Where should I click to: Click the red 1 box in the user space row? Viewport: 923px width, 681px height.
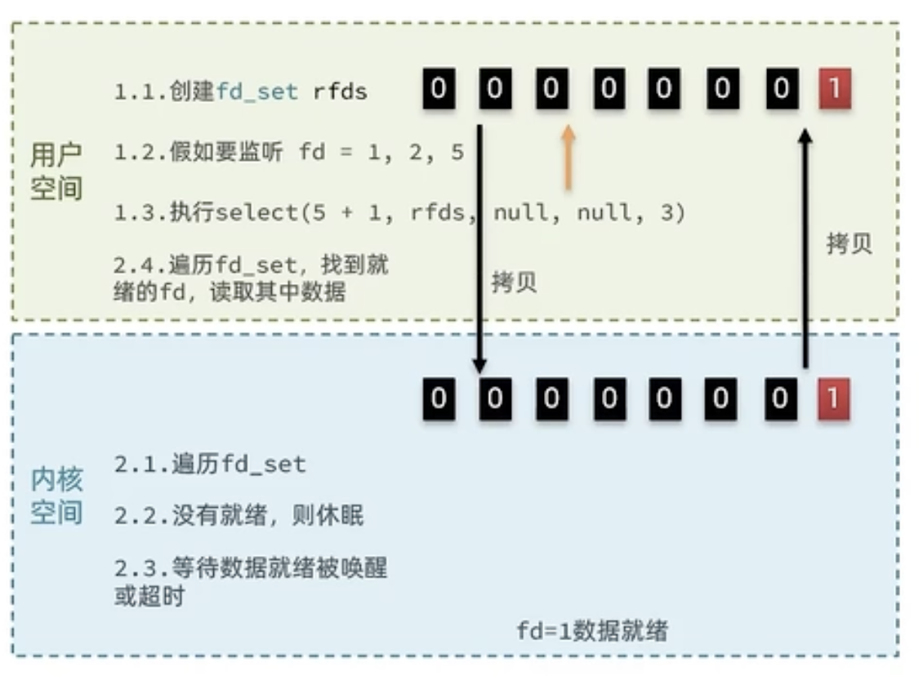(x=835, y=88)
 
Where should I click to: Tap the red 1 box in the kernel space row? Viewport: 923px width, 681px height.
(x=833, y=398)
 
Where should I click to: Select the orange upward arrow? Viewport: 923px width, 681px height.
(x=568, y=157)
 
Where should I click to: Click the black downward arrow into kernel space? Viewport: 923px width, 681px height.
(x=479, y=249)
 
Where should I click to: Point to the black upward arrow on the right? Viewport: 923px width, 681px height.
(x=805, y=249)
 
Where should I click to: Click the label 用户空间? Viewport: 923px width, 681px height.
(x=56, y=171)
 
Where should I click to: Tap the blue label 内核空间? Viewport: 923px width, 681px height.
(x=56, y=496)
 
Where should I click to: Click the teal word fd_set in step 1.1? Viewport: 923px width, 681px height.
(x=256, y=91)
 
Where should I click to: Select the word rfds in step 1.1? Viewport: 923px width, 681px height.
(x=341, y=91)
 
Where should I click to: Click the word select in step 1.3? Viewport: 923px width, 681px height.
(x=258, y=211)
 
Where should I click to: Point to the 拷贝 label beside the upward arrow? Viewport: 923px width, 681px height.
(x=849, y=243)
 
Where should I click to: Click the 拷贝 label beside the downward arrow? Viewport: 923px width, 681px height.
(x=514, y=283)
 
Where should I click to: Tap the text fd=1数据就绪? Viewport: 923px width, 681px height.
(x=592, y=631)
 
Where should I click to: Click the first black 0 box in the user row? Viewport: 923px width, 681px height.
(x=439, y=88)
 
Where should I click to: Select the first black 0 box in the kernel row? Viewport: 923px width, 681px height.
(x=439, y=398)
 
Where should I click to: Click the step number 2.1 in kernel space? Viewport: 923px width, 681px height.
(x=136, y=465)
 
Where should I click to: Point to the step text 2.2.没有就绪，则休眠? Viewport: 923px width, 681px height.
(x=239, y=515)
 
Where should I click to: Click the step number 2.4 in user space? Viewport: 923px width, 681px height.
(x=135, y=265)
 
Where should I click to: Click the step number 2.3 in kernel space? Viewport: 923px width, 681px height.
(x=136, y=568)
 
